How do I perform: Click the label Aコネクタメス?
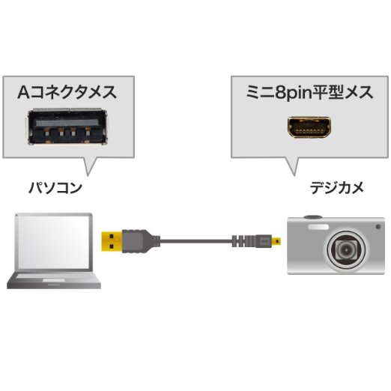click(x=67, y=92)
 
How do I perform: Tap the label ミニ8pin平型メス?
click(x=309, y=93)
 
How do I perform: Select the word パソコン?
click(x=55, y=188)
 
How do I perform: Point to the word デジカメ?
click(x=337, y=188)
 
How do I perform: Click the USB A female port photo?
click(x=67, y=127)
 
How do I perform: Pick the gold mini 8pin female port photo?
click(x=309, y=127)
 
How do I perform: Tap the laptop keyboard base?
click(x=54, y=281)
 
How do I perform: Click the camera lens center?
click(x=346, y=249)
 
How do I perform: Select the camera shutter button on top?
click(x=313, y=216)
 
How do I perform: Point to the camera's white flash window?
click(x=318, y=227)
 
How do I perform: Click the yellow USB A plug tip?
click(x=112, y=241)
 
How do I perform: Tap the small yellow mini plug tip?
click(x=276, y=241)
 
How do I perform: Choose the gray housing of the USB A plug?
click(x=137, y=241)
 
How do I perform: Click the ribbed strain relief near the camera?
click(x=243, y=241)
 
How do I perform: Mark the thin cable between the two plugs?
click(x=195, y=241)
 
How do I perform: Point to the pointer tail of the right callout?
click(x=293, y=167)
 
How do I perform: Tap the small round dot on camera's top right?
click(x=378, y=227)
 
